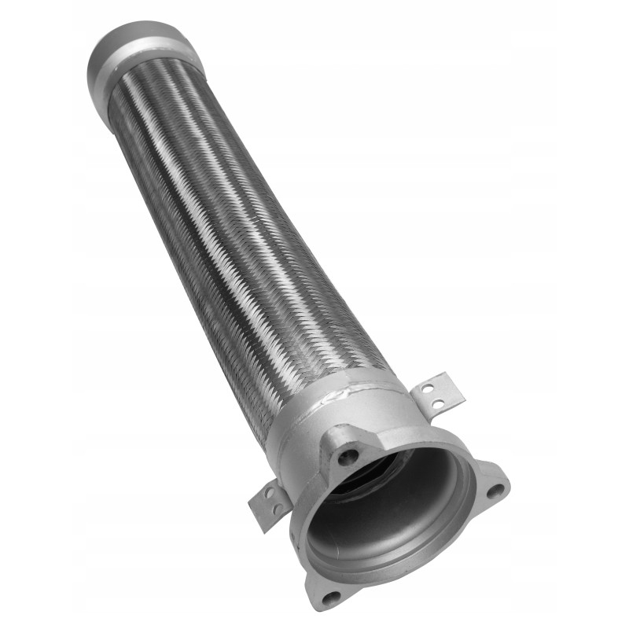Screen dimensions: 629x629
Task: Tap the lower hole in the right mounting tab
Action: (x=437, y=403)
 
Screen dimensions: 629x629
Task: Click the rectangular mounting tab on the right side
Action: (x=437, y=393)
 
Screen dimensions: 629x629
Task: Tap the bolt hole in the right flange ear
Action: (x=495, y=491)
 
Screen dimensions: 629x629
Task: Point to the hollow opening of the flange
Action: (x=385, y=511)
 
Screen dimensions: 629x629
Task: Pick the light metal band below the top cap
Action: (x=153, y=55)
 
